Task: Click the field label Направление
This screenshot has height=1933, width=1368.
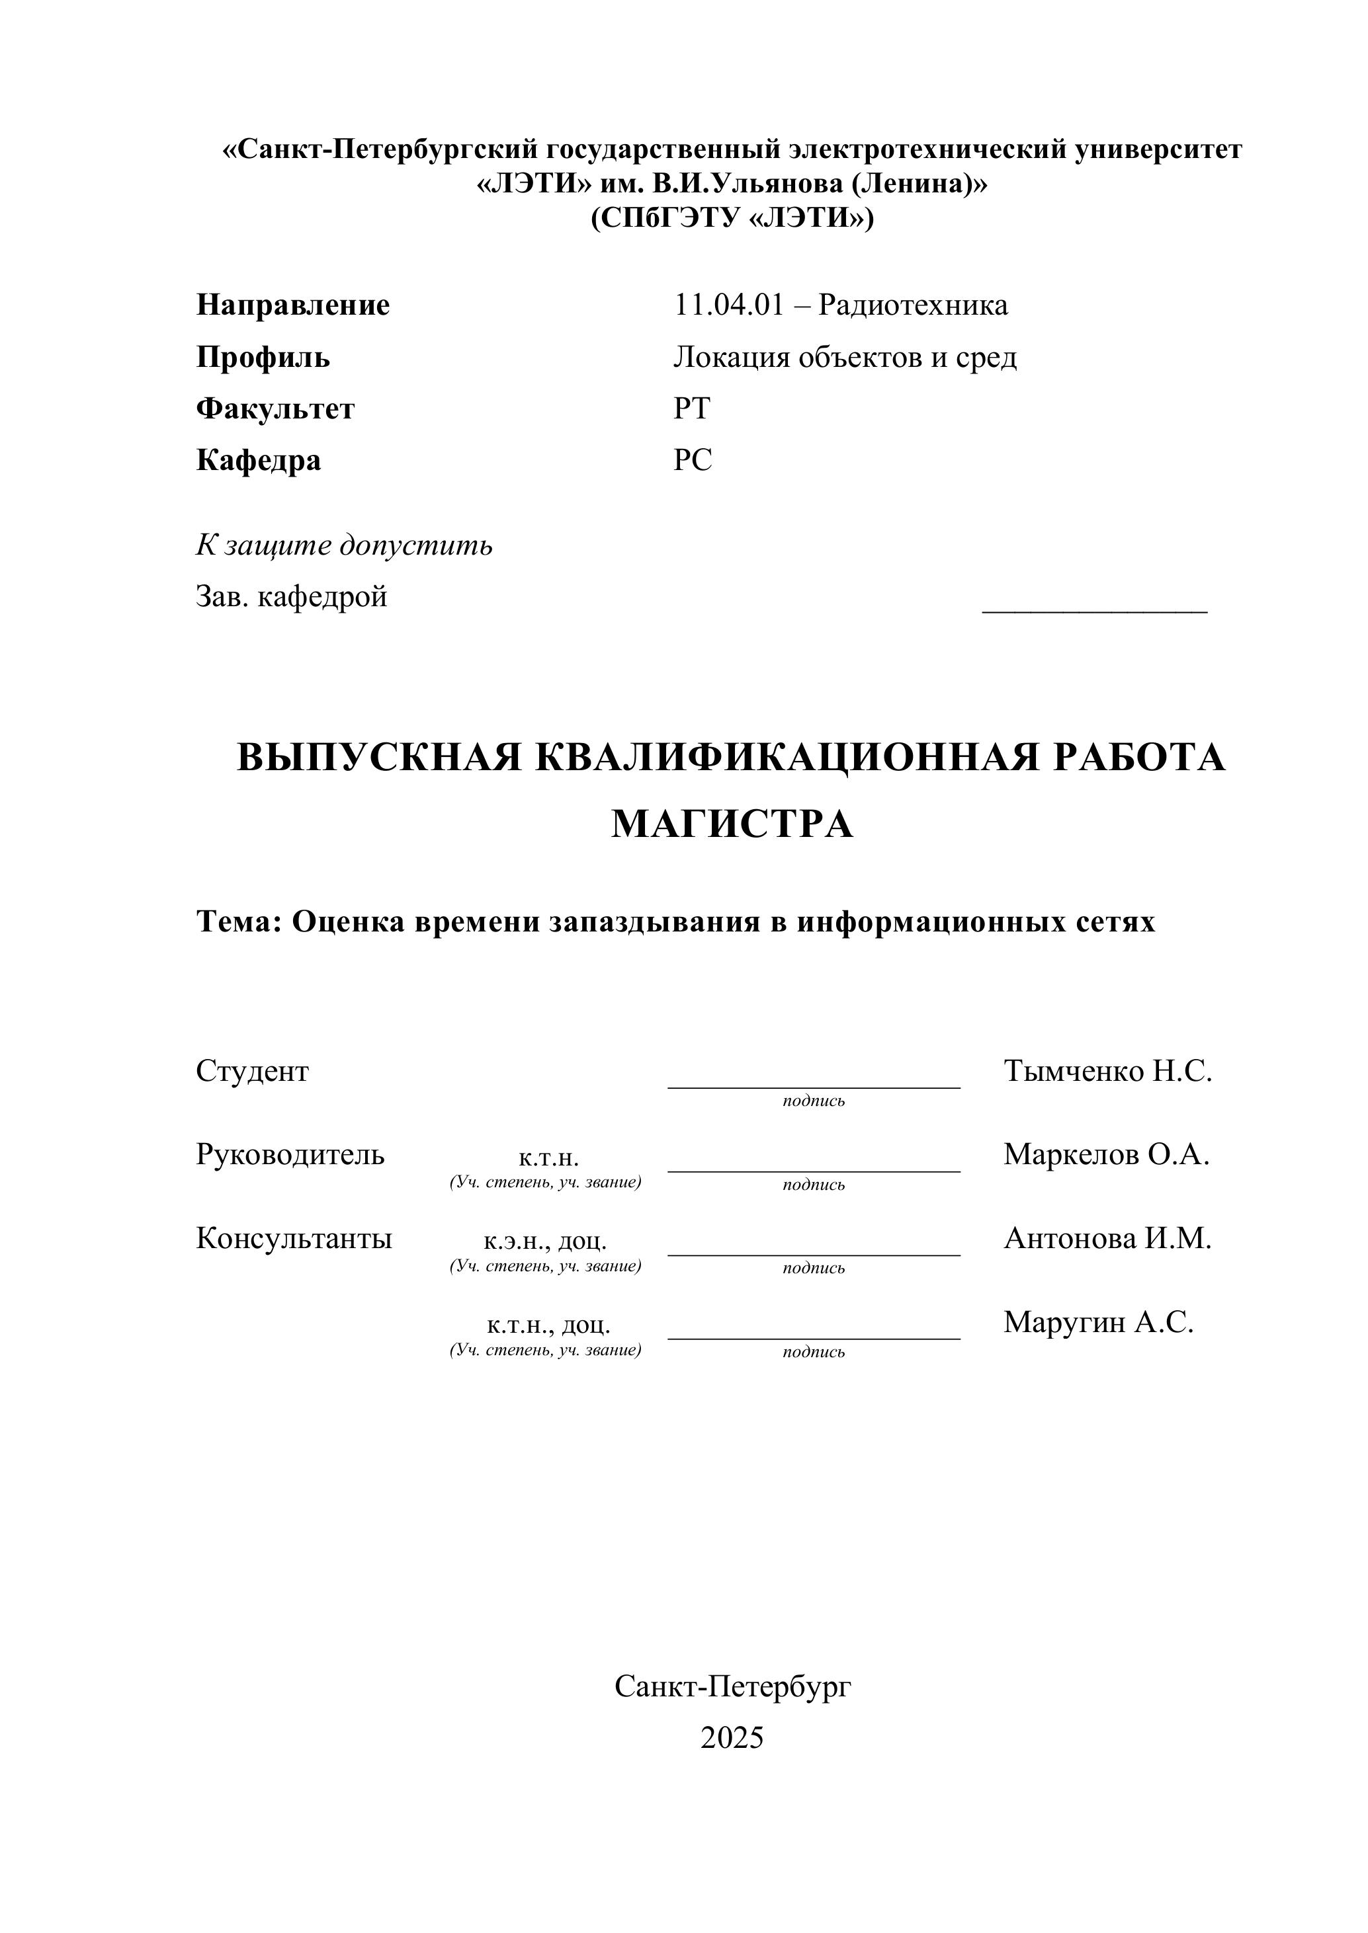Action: [x=292, y=305]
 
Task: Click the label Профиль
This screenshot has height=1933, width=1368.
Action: [x=263, y=357]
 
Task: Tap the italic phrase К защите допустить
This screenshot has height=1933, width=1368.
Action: [x=344, y=545]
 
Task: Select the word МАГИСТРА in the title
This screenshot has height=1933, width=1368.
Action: [x=732, y=824]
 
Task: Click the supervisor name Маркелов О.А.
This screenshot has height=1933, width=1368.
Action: [x=1106, y=1154]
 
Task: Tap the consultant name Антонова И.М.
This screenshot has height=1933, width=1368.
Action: [x=1107, y=1238]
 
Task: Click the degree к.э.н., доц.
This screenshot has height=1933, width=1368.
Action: [x=545, y=1240]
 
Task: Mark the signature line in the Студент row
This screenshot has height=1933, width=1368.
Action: [x=813, y=1086]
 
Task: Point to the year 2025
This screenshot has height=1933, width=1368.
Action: [x=732, y=1738]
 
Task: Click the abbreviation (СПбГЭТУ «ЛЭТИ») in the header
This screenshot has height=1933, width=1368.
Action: [x=732, y=218]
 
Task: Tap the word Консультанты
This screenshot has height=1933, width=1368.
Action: [x=294, y=1238]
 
